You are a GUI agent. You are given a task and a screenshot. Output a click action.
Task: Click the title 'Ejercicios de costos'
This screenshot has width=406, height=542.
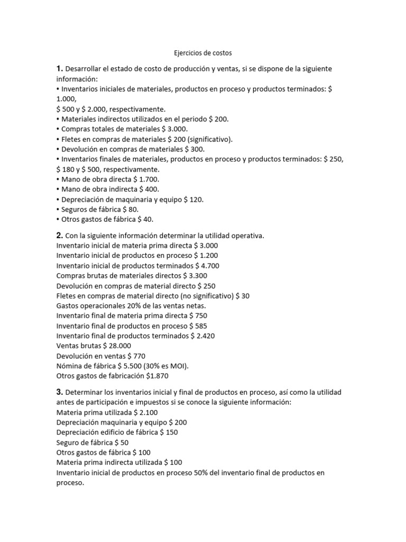(x=203, y=53)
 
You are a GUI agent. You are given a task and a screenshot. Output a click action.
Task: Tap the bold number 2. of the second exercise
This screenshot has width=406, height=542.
(x=59, y=235)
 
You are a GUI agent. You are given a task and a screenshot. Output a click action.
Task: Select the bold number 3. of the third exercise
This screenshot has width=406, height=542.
(x=59, y=392)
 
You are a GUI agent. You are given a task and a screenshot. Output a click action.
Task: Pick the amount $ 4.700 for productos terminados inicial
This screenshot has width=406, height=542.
(x=207, y=266)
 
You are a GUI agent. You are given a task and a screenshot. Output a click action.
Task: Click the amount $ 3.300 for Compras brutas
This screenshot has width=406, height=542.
(x=195, y=276)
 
